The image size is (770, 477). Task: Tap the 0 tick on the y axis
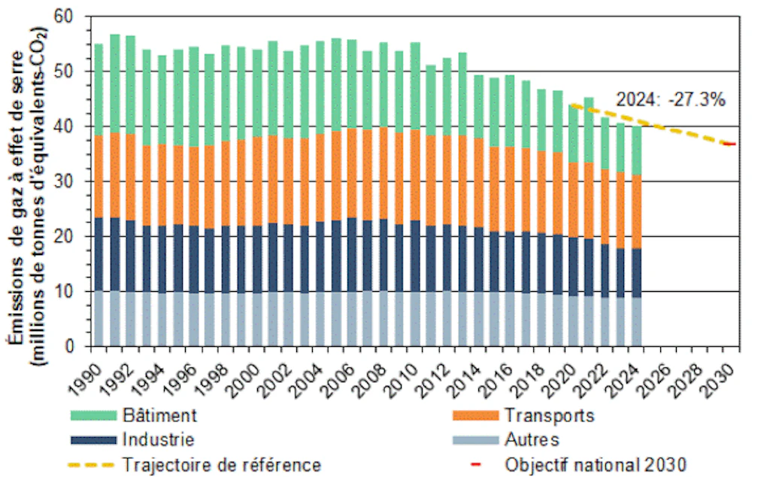tap(73, 347)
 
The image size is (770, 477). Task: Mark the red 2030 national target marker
tap(729, 144)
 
